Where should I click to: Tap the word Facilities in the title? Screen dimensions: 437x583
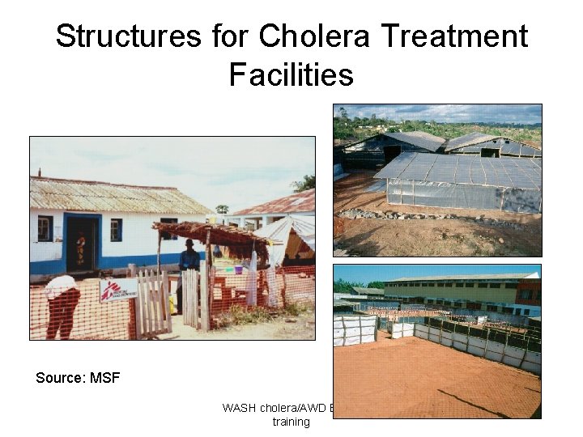point(291,74)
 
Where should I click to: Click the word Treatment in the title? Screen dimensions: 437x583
point(456,36)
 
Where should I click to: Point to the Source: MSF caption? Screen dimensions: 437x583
point(78,378)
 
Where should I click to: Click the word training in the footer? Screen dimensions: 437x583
point(290,422)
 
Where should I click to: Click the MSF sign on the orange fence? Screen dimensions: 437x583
point(117,290)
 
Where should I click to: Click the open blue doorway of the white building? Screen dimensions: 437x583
point(82,243)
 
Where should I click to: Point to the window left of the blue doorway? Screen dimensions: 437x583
point(45,228)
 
